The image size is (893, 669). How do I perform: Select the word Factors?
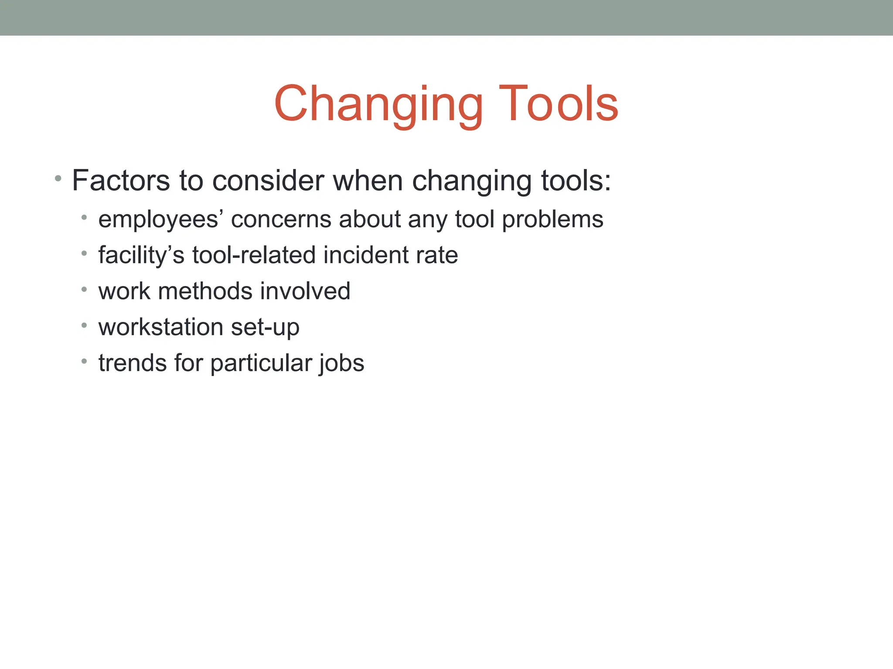(x=121, y=180)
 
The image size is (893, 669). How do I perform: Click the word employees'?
(x=158, y=219)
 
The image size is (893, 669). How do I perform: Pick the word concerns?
(x=281, y=219)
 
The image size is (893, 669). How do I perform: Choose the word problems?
(x=552, y=219)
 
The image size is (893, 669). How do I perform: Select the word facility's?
(x=141, y=255)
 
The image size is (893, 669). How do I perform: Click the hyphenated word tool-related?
(x=254, y=255)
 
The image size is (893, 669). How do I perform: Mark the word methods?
(x=205, y=291)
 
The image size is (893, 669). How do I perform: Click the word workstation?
(x=161, y=327)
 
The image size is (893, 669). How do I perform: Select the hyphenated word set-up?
(x=265, y=327)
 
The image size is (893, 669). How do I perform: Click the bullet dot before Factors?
(x=58, y=179)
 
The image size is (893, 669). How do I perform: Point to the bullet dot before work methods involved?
(x=84, y=289)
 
